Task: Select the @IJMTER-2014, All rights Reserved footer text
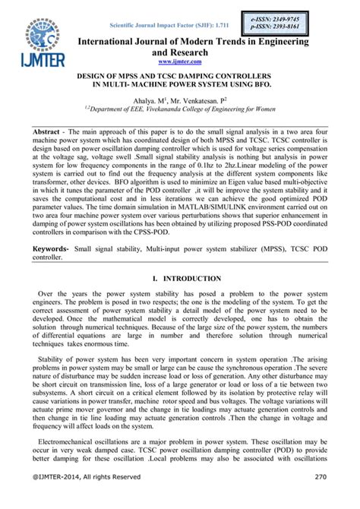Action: click(83, 498)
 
